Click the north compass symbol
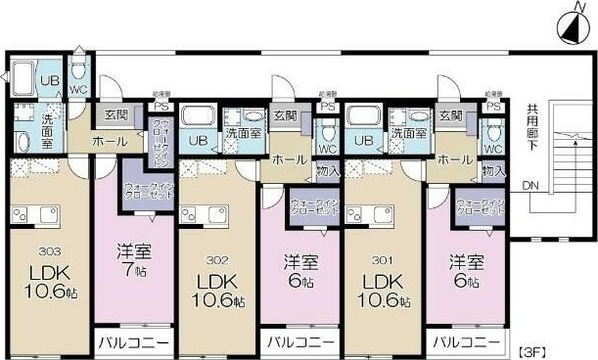(x=568, y=28)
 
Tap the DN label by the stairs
(x=529, y=185)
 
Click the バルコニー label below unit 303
(x=132, y=342)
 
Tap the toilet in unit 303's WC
(x=78, y=70)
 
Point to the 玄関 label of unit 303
(x=115, y=114)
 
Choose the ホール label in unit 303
(x=108, y=141)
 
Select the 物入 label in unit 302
(x=328, y=170)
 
